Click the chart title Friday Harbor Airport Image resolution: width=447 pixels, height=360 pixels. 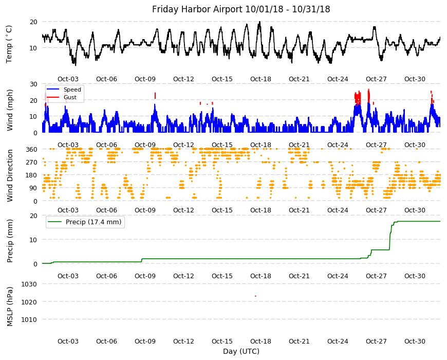pos(198,9)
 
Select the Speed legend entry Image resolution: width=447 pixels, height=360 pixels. pos(72,89)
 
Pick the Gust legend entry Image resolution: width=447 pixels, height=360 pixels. pos(70,97)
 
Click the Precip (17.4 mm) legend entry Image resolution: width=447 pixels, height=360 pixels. pos(94,222)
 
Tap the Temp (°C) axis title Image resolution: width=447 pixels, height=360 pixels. pos(9,44)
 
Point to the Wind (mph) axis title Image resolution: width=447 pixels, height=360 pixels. pos(10,110)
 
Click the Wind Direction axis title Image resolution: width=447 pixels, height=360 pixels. pos(10,176)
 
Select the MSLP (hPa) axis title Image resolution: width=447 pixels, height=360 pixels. pos(10,307)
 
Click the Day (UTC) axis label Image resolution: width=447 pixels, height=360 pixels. pos(241,351)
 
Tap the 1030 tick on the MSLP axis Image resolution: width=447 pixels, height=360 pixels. pos(29,284)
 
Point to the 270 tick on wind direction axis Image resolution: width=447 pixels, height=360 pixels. pos(32,163)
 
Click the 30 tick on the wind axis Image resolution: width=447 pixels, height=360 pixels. pos(33,84)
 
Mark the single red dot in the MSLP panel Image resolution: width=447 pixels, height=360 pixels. pos(255,296)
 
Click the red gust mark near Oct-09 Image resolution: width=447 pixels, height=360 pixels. pos(155,96)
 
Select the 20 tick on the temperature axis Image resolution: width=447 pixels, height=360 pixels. pos(33,22)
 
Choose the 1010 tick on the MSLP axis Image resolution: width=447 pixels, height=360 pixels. pos(29,319)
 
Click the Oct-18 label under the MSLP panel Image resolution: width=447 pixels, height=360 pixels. pos(260,341)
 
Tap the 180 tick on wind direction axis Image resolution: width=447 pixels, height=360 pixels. pos(32,175)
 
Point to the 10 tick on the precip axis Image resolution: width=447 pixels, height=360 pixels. pos(33,240)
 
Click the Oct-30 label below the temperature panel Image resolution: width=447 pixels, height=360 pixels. pos(415,79)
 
